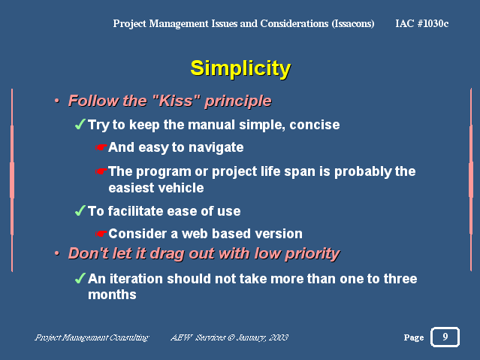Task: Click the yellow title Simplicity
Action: point(240,68)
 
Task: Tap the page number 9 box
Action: point(445,337)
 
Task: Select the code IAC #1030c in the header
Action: point(422,23)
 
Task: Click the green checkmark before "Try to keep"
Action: point(80,125)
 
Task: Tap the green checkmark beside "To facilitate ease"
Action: point(80,210)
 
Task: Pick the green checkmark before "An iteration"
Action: point(80,278)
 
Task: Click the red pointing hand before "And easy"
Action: point(101,147)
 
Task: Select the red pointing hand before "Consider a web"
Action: point(101,234)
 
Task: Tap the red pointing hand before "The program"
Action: point(101,171)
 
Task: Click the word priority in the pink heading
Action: point(312,254)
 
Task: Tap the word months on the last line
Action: point(112,295)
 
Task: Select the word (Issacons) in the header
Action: point(353,23)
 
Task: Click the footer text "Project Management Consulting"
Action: point(92,337)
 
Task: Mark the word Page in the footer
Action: point(414,337)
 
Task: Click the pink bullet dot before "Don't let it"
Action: point(56,253)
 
